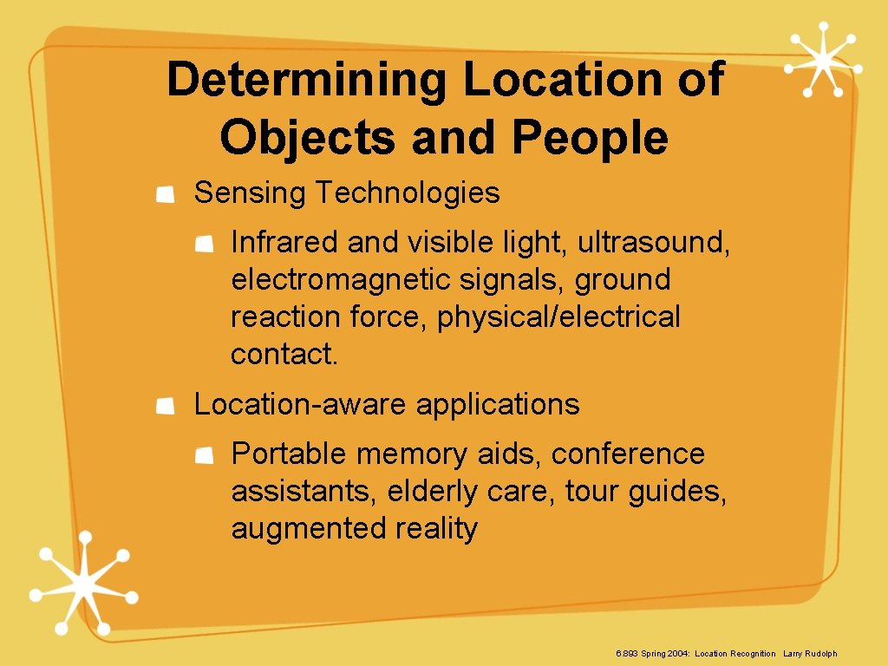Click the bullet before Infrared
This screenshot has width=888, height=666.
click(x=205, y=245)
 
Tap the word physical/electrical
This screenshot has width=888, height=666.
click(x=558, y=317)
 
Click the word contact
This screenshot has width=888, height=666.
click(x=284, y=355)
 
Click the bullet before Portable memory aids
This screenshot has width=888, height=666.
click(x=205, y=456)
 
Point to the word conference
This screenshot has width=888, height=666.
click(x=628, y=454)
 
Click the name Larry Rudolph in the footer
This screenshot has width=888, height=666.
click(x=810, y=653)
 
